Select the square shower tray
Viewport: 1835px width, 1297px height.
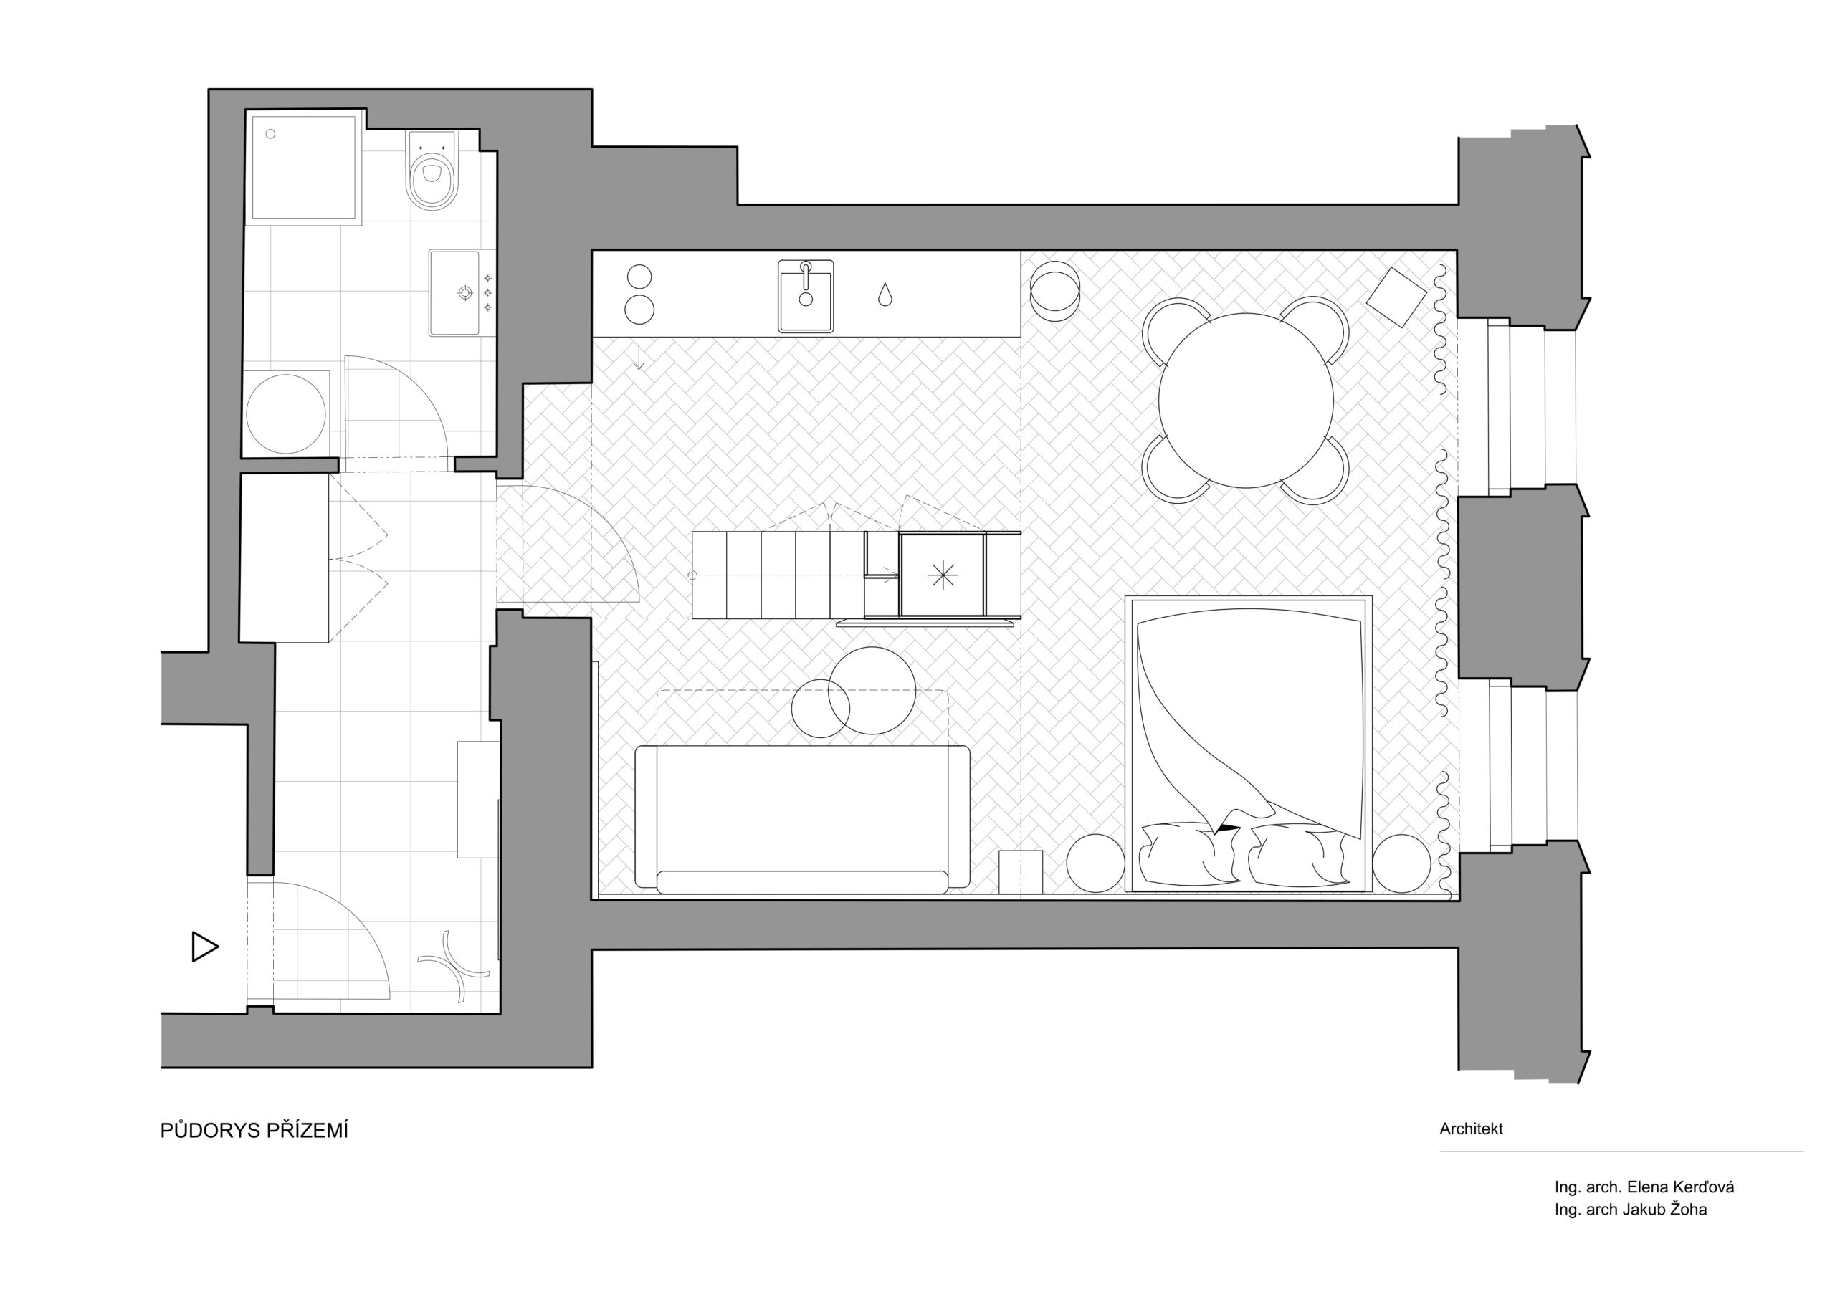[x=303, y=167]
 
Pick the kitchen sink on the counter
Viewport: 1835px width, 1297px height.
[x=806, y=296]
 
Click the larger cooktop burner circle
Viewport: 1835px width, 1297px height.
[x=639, y=310]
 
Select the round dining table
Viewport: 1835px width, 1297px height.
[x=1246, y=400]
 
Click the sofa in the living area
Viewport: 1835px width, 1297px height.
[x=802, y=819]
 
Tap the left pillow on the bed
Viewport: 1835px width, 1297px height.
[x=1188, y=854]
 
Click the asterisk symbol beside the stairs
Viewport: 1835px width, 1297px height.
[x=943, y=575]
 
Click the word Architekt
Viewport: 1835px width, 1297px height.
[x=1472, y=1129]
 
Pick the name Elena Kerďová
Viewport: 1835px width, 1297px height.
[x=1681, y=1187]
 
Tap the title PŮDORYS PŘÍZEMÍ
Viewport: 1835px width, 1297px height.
[x=254, y=1131]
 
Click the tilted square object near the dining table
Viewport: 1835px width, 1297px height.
[x=1396, y=297]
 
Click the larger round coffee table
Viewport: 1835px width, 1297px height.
[x=872, y=691]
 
